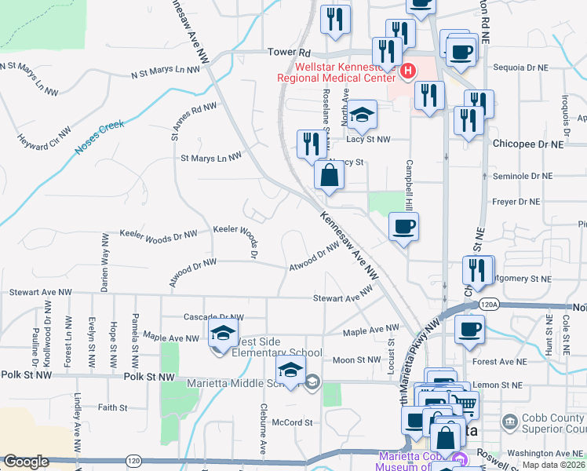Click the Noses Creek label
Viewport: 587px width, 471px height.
(100, 137)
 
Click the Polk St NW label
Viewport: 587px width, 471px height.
(149, 378)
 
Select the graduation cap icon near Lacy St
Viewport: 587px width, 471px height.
(362, 115)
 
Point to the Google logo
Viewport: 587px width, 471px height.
(27, 462)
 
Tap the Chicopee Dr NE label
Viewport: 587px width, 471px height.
(528, 144)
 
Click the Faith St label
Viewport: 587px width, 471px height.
(112, 407)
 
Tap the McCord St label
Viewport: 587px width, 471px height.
(292, 422)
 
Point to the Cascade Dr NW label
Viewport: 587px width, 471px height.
(213, 317)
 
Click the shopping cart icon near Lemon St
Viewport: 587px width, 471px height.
(464, 404)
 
